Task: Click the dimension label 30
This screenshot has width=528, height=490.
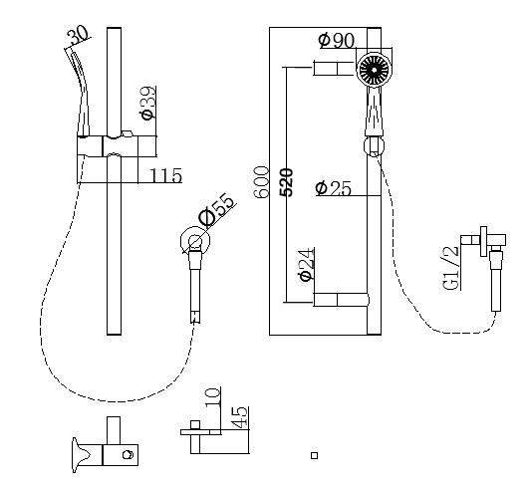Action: coord(79,37)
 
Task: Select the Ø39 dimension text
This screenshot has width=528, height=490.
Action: coord(147,103)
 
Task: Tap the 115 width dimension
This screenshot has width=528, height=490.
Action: coord(165,176)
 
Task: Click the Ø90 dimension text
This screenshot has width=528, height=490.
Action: coord(337,40)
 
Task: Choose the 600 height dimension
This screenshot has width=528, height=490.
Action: coord(262,182)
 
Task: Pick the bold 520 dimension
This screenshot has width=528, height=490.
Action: coord(287,182)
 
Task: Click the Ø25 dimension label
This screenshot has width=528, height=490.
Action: coord(333,187)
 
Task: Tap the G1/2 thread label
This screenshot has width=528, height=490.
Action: coord(451,269)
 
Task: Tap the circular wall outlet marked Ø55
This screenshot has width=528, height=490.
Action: coord(193,241)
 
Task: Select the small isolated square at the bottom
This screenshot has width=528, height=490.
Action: coord(314,455)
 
